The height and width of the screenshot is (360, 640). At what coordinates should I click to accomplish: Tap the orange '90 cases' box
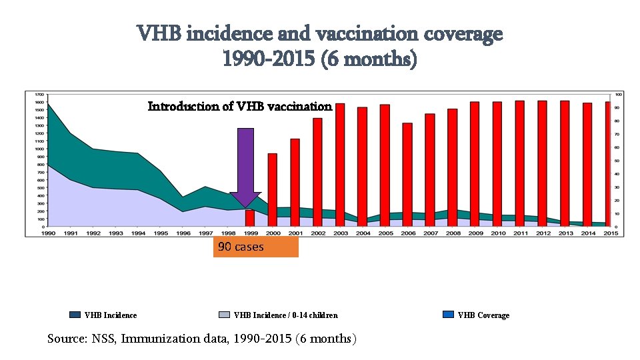click(256, 247)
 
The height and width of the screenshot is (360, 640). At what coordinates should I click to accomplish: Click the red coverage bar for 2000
click(272, 190)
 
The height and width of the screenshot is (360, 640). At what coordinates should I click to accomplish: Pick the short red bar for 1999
click(249, 218)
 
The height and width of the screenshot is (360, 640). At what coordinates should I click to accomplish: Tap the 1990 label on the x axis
click(48, 233)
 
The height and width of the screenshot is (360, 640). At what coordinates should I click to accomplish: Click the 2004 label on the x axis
click(363, 233)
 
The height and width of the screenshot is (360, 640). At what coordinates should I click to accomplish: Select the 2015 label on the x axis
click(609, 233)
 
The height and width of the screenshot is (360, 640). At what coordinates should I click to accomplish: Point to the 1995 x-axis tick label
click(160, 233)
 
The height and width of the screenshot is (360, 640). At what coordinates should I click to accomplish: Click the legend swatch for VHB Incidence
click(75, 315)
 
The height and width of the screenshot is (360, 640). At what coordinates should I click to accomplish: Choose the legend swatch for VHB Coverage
click(448, 315)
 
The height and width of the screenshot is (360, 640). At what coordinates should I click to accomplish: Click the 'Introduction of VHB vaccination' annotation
click(239, 107)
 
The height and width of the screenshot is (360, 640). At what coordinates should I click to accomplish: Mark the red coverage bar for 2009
click(475, 164)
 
